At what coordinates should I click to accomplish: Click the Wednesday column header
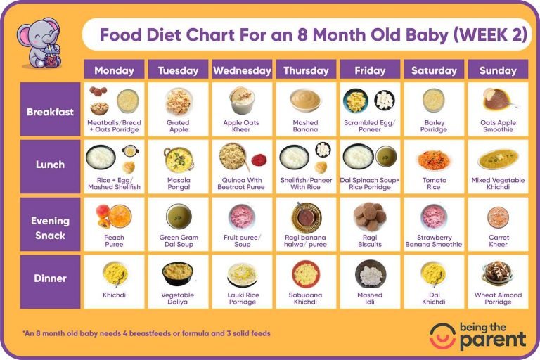242,70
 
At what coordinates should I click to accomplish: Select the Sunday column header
498,70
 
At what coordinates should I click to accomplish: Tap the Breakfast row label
50,111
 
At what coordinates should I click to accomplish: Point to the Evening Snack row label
50,228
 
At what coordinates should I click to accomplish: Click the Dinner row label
50,278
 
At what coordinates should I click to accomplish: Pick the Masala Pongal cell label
178,184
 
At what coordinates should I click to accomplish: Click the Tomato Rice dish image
434,159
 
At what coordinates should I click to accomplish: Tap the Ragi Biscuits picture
370,215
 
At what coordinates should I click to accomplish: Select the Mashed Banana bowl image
306,101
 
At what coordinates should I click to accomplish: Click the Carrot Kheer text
498,241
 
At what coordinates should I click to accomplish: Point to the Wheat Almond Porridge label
498,299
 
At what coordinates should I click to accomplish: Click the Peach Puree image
113,216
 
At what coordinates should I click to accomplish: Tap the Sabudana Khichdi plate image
306,273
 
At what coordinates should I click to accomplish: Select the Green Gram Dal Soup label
178,241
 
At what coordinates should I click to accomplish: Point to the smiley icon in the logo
442,335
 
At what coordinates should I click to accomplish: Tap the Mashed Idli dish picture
370,273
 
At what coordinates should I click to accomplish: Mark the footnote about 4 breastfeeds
146,333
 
